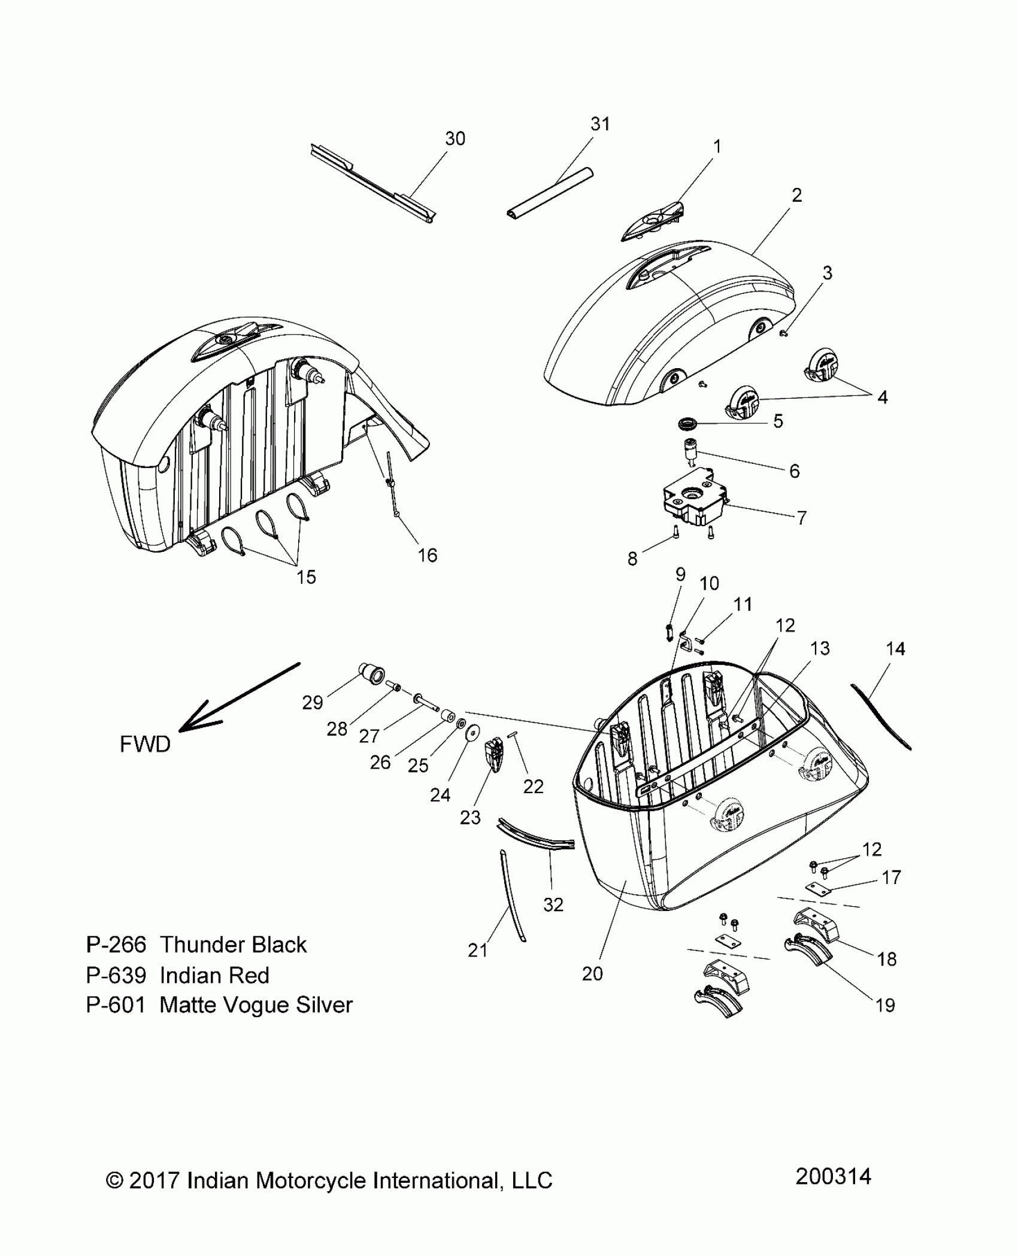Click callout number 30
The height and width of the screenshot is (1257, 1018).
coord(455,139)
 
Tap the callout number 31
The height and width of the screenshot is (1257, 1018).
coord(600,124)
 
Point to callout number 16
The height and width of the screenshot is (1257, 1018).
coord(428,555)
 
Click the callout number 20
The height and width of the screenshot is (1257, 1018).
coord(592,974)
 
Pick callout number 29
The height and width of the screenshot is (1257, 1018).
coord(313,703)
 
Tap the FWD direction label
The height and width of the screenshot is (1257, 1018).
coord(145,744)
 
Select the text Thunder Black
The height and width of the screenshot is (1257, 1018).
coord(234,945)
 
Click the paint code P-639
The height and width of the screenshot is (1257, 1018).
coord(116,976)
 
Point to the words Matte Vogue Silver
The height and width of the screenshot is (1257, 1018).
coord(256,1005)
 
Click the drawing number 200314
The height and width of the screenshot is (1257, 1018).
coord(833,1177)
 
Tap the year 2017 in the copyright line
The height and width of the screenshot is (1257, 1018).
coord(154,1181)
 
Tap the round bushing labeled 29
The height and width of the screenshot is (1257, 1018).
coord(372,673)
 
